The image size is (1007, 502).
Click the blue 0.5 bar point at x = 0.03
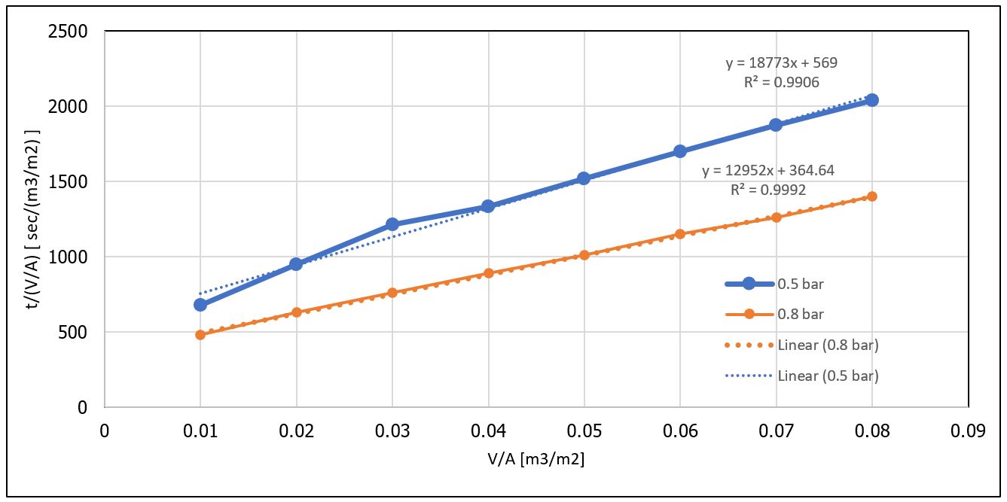tap(392, 224)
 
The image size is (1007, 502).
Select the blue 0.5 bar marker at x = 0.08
tap(872, 100)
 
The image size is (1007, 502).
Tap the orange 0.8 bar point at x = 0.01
tap(200, 334)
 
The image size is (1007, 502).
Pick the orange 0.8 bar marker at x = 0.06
tap(680, 234)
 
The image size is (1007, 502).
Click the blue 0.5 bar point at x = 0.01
tap(200, 305)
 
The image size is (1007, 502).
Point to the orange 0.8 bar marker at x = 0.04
tap(488, 273)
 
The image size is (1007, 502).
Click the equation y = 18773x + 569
tap(781, 63)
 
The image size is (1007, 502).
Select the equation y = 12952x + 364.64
tap(768, 171)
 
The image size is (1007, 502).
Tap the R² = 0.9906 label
tap(782, 83)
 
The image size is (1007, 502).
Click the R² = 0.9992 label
tap(768, 190)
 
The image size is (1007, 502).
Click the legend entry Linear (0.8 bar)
tap(828, 345)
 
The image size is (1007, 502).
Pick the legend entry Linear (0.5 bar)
tap(828, 375)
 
